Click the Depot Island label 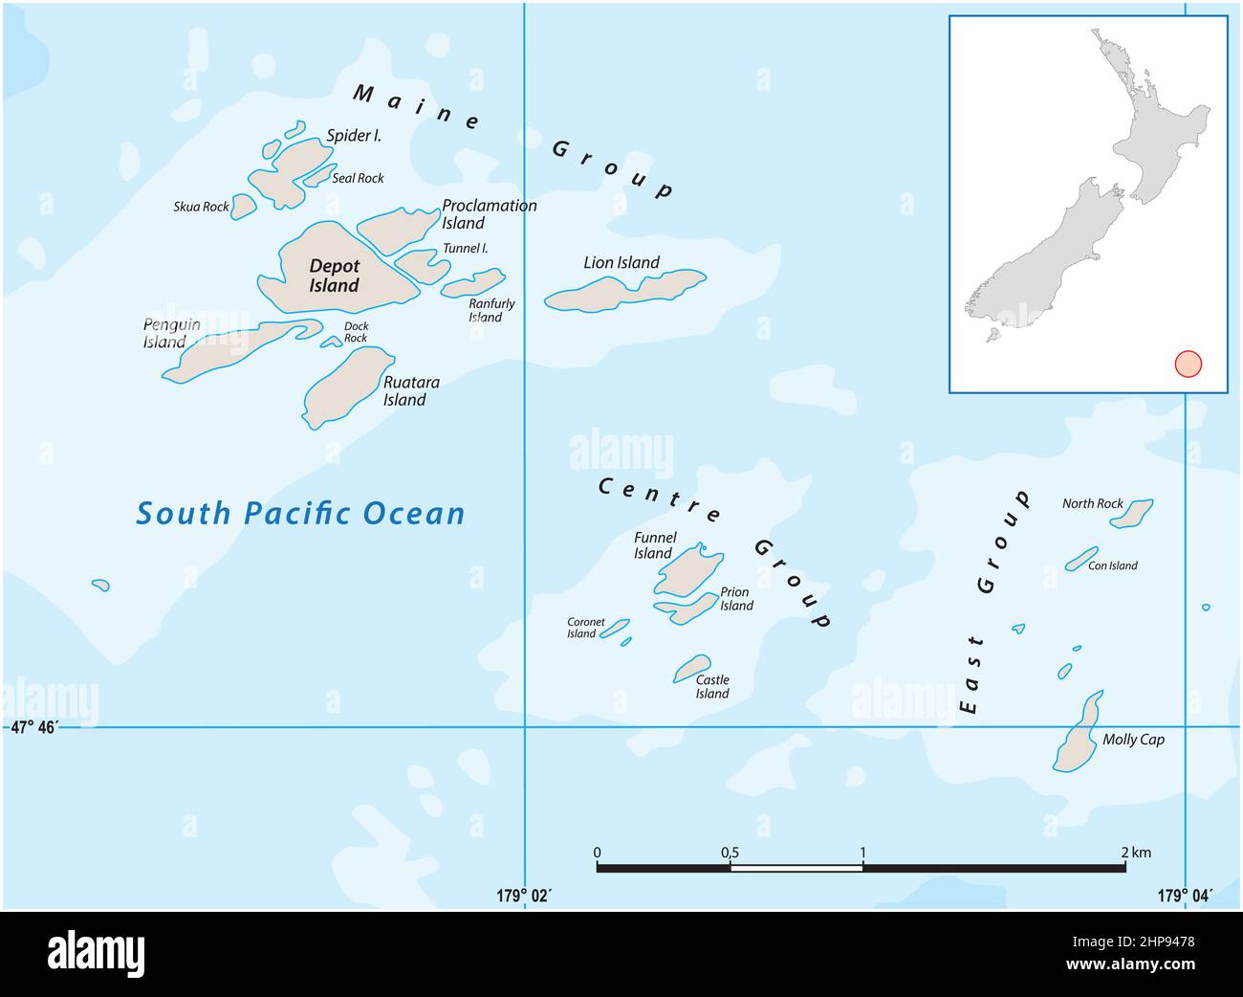pyautogui.click(x=334, y=276)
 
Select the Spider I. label pyautogui.click(x=354, y=136)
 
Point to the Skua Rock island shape pyautogui.click(x=245, y=206)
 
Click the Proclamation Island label pyautogui.click(x=489, y=214)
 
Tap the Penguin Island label pyautogui.click(x=172, y=333)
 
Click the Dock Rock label pyautogui.click(x=356, y=332)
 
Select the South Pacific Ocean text pyautogui.click(x=300, y=514)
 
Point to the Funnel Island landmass pyautogui.click(x=687, y=572)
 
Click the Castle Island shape pyautogui.click(x=692, y=667)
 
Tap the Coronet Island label pyautogui.click(x=585, y=628)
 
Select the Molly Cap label pyautogui.click(x=1133, y=740)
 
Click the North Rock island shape pyautogui.click(x=1131, y=514)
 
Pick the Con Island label pyautogui.click(x=1113, y=565)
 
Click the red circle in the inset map pyautogui.click(x=1188, y=365)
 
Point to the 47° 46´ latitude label pyautogui.click(x=35, y=728)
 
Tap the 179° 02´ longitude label pyautogui.click(x=524, y=896)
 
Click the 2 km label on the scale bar pyautogui.click(x=1136, y=852)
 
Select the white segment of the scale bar pyautogui.click(x=796, y=868)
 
